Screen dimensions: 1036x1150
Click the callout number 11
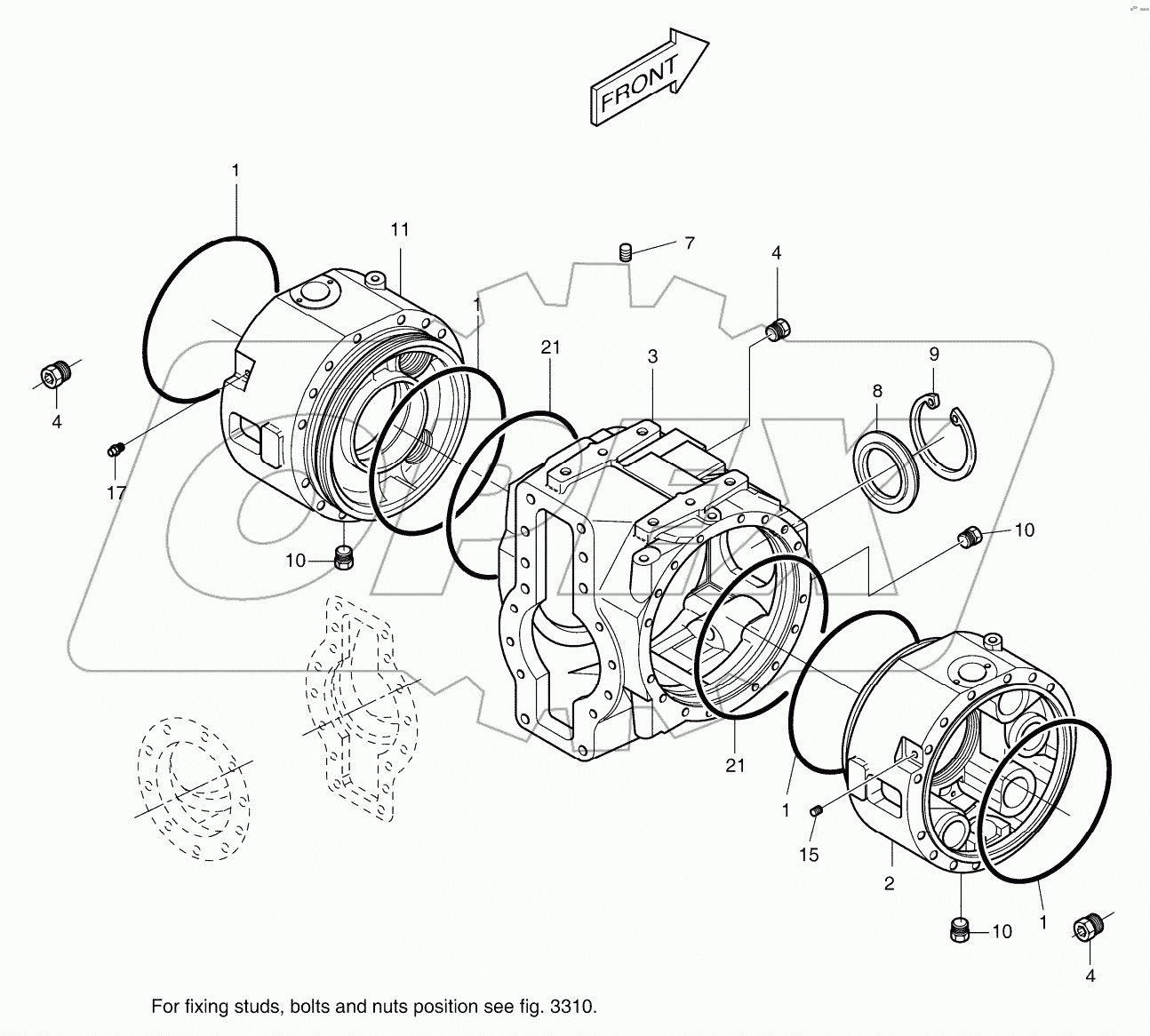tap(400, 229)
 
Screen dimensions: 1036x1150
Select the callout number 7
tap(689, 243)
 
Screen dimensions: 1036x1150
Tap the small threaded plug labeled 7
tap(625, 252)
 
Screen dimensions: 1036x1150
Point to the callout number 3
tap(652, 356)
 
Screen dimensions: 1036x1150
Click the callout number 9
tap(934, 354)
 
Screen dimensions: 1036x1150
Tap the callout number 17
tap(116, 492)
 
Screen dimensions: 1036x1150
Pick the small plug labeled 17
tap(114, 450)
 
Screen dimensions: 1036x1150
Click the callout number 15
tap(809, 855)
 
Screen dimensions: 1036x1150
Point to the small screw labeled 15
tap(817, 809)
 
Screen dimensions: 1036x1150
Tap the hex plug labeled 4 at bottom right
tap(1087, 928)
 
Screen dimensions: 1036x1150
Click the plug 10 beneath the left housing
tap(343, 558)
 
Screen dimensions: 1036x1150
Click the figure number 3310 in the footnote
tap(572, 1007)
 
